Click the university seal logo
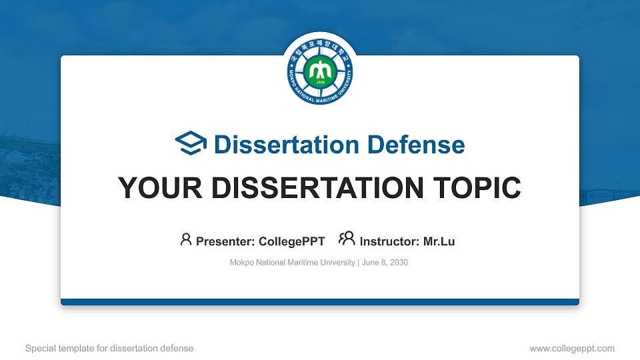pyautogui.click(x=320, y=71)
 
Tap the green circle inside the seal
pyautogui.click(x=320, y=72)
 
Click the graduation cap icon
pyautogui.click(x=191, y=143)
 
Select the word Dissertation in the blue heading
pyautogui.click(x=287, y=145)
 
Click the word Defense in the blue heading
pyautogui.click(x=416, y=145)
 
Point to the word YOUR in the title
pyautogui.click(x=160, y=188)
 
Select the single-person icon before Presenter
pyautogui.click(x=186, y=239)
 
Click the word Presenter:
pyautogui.click(x=225, y=241)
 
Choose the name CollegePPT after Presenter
pyautogui.click(x=292, y=241)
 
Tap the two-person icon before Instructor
pyautogui.click(x=347, y=239)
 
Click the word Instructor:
pyautogui.click(x=389, y=241)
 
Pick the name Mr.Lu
pyautogui.click(x=439, y=241)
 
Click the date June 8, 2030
pyautogui.click(x=385, y=263)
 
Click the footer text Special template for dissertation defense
pyautogui.click(x=109, y=348)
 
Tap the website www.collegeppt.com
pyautogui.click(x=572, y=348)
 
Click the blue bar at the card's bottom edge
pyautogui.click(x=320, y=302)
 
